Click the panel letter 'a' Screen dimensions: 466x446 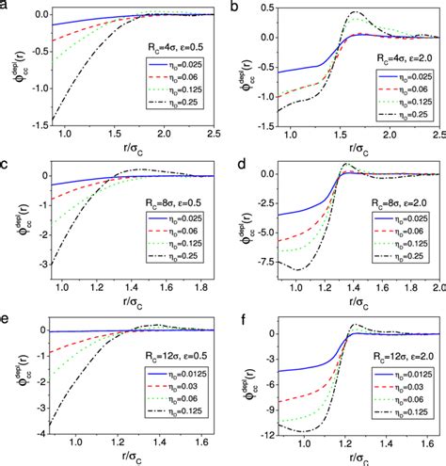click(x=6, y=7)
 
